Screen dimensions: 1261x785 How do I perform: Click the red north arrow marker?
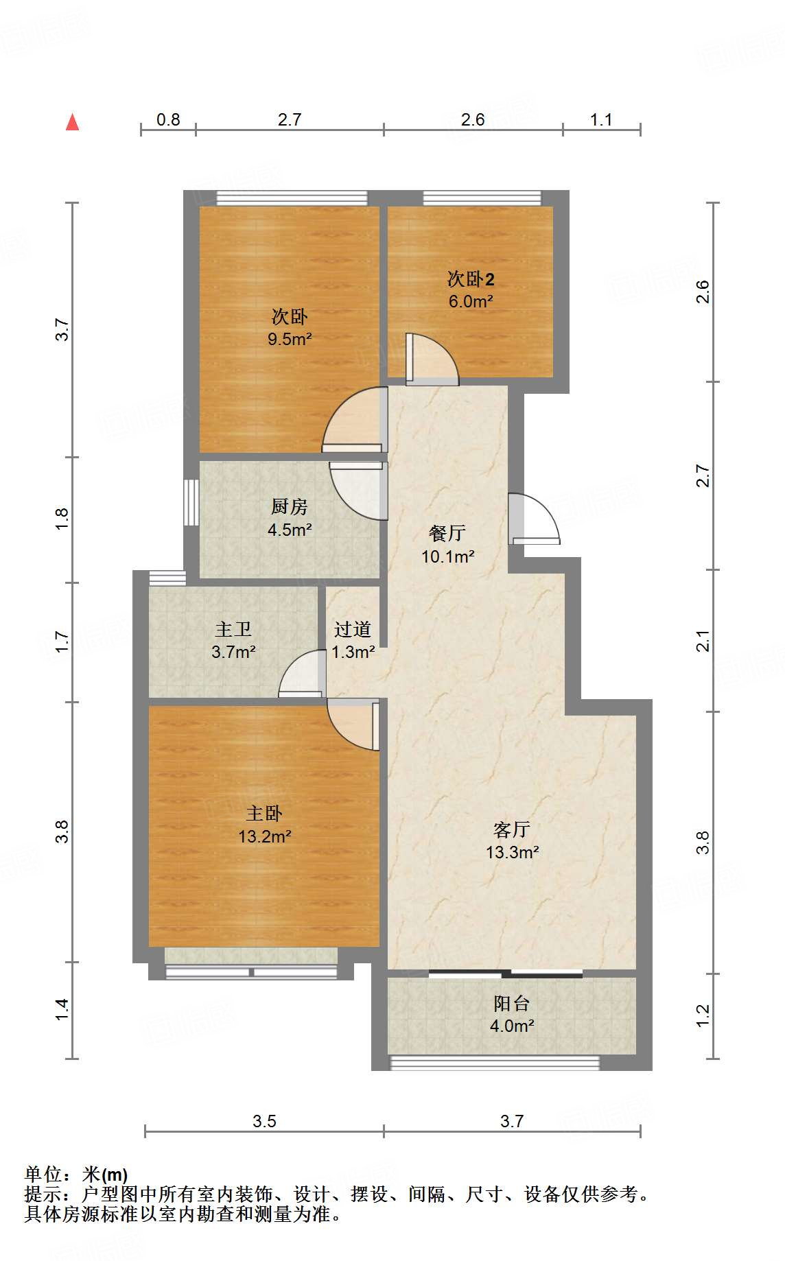pyautogui.click(x=72, y=122)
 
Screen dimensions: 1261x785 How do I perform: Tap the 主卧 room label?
pyautogui.click(x=264, y=814)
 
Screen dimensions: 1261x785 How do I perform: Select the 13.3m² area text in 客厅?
pyautogui.click(x=512, y=853)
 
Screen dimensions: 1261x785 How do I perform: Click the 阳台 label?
pyautogui.click(x=511, y=1004)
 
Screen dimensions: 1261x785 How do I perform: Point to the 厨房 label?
pyautogui.click(x=289, y=507)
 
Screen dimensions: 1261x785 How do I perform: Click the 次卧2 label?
pyautogui.click(x=471, y=279)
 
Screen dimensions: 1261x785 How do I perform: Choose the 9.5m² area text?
pyautogui.click(x=290, y=339)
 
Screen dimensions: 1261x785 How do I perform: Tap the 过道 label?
pyautogui.click(x=353, y=629)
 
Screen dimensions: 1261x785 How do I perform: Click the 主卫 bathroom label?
pyautogui.click(x=233, y=629)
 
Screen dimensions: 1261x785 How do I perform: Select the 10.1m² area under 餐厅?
pyautogui.click(x=447, y=556)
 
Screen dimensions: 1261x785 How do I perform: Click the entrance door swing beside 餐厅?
pyautogui.click(x=534, y=519)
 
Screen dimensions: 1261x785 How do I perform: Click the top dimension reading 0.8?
pyautogui.click(x=168, y=120)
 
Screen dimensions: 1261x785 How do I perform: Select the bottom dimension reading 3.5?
pyautogui.click(x=264, y=1121)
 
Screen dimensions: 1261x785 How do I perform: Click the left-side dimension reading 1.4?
pyautogui.click(x=62, y=1009)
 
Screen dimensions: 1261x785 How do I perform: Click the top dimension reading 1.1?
pyautogui.click(x=601, y=120)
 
